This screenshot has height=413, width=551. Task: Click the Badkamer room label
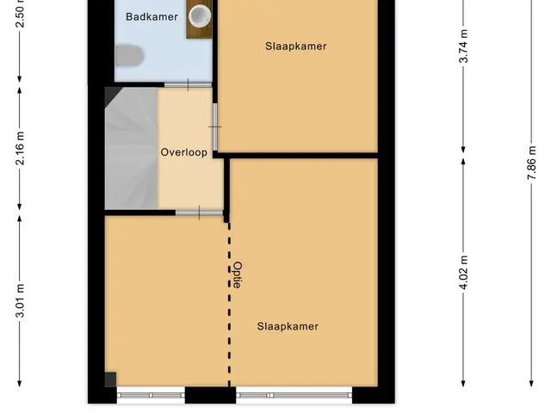[x=152, y=16]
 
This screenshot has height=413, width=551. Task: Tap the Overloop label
[x=183, y=152]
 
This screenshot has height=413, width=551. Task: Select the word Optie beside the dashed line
[x=238, y=274]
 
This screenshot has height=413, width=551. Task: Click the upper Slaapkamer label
[x=296, y=46]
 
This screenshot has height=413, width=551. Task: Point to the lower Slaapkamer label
[x=288, y=326]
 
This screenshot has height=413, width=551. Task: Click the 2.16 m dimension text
[x=20, y=148]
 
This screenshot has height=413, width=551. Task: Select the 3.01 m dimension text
[x=20, y=300]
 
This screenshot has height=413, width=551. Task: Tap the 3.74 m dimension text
[x=463, y=46]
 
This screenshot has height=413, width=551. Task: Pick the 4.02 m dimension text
[x=463, y=273]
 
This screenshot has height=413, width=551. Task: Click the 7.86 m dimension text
[x=532, y=163]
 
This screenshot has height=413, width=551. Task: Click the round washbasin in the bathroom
[x=200, y=15]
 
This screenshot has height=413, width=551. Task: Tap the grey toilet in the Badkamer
[x=129, y=55]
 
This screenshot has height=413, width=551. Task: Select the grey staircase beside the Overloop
[x=132, y=148]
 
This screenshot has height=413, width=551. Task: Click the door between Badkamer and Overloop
[x=188, y=84]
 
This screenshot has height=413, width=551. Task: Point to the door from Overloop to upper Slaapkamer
[x=214, y=126]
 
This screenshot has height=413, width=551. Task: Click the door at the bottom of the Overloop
[x=199, y=213]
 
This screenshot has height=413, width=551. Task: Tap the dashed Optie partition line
[x=230, y=304]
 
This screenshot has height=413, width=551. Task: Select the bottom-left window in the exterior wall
[x=151, y=395]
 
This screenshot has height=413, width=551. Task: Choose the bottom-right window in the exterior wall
[x=294, y=395]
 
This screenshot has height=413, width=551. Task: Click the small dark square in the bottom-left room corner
[x=110, y=379]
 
